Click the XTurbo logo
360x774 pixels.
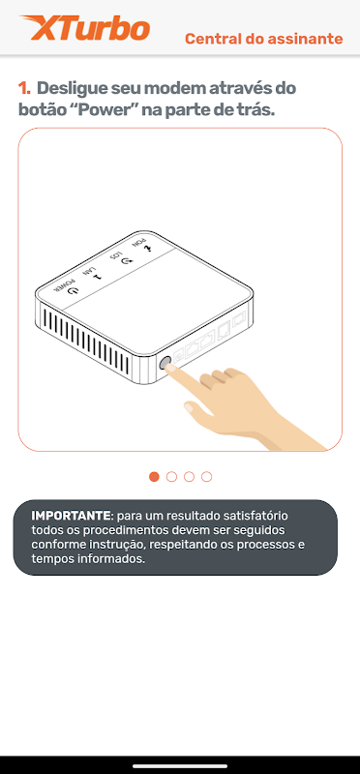coord(84,28)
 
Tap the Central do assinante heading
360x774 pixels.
coord(263,39)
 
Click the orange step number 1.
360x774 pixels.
coord(24,89)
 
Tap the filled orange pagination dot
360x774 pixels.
coord(154,476)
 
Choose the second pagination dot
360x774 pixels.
coord(172,476)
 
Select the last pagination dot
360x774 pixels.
coord(207,476)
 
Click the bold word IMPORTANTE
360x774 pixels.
coord(72,516)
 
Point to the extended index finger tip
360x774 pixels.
coord(169,368)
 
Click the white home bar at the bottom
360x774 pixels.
coord(180,766)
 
